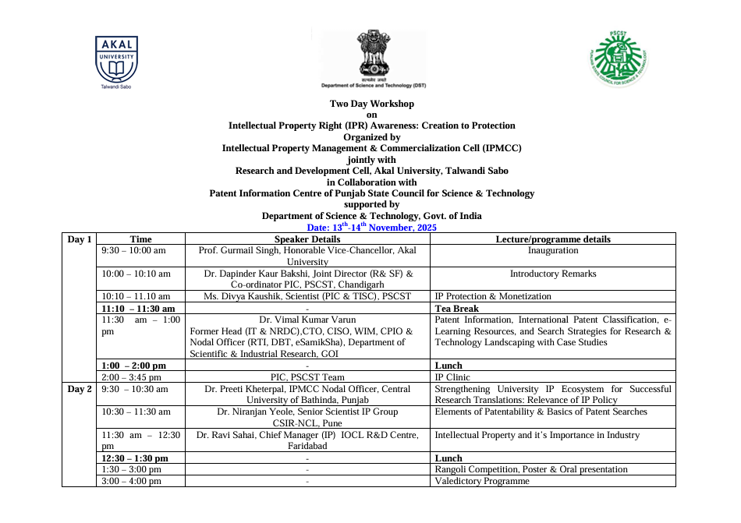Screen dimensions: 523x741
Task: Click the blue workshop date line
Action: point(371,228)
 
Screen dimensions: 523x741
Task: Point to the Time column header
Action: point(140,239)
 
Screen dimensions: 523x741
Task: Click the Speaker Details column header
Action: point(307,239)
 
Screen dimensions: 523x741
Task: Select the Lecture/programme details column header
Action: point(553,239)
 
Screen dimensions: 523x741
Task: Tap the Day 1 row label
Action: point(80,239)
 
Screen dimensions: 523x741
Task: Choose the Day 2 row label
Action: point(80,388)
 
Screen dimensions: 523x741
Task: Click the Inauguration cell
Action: point(553,251)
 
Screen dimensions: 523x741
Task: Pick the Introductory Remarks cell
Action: point(553,274)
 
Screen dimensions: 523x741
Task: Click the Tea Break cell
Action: point(456,309)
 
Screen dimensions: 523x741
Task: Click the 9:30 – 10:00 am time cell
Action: point(134,251)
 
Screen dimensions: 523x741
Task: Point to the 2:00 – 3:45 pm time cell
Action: point(131,377)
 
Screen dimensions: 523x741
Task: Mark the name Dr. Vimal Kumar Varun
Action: point(307,320)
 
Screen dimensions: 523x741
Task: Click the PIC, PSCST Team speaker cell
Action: point(307,377)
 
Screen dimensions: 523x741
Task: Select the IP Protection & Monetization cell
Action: point(492,296)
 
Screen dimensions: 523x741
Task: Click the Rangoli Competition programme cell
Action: point(530,469)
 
